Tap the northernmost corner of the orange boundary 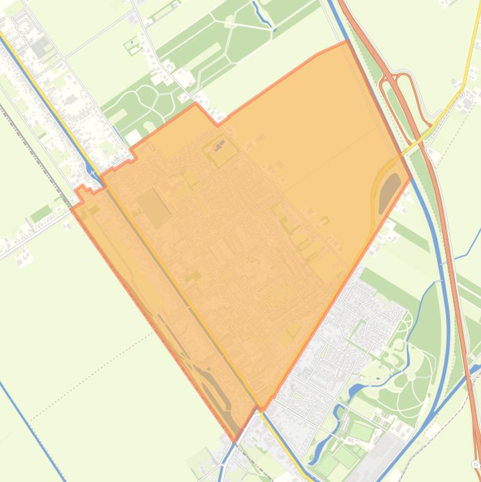click(347, 42)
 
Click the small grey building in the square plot click(219, 146)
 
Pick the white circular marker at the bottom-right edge click(475, 464)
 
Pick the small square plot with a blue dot click(133, 44)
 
